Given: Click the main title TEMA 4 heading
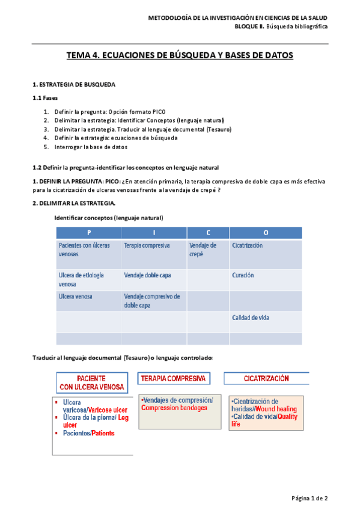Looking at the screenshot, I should pyautogui.click(x=180, y=55).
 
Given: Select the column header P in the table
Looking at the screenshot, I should pyautogui.click(x=88, y=232).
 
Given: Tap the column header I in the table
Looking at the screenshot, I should pyautogui.click(x=154, y=232).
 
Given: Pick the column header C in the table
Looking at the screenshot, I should pyautogui.click(x=208, y=232).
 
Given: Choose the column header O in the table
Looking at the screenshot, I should pyautogui.click(x=266, y=232).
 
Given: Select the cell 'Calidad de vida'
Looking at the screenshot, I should pyautogui.click(x=250, y=318).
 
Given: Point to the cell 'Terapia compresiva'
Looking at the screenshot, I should pyautogui.click(x=147, y=245).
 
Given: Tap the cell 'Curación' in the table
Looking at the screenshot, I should pyautogui.click(x=243, y=275).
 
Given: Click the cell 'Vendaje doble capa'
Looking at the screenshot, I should pyautogui.click(x=147, y=275).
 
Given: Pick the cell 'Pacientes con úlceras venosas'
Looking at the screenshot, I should pyautogui.click(x=84, y=250).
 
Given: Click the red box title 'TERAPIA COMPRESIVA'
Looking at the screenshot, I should pyautogui.click(x=174, y=378).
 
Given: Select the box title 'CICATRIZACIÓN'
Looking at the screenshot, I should pyautogui.click(x=266, y=378).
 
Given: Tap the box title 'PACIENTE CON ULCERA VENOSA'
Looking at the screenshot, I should pyautogui.click(x=91, y=382).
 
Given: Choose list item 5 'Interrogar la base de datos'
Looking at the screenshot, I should pyautogui.click(x=90, y=147).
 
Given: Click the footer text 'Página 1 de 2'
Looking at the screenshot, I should pyautogui.click(x=309, y=498).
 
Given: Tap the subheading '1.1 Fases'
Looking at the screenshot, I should pyautogui.click(x=45, y=97).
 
